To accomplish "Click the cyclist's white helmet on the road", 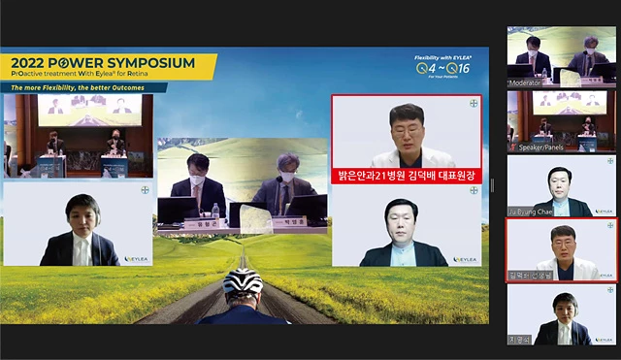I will click(243, 281).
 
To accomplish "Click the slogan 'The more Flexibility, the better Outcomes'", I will click(83, 87).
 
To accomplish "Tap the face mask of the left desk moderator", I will click(198, 180).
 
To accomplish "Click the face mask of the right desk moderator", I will click(287, 177).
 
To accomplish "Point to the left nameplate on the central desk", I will click(202, 225).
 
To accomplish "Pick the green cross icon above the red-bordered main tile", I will click(474, 103).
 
